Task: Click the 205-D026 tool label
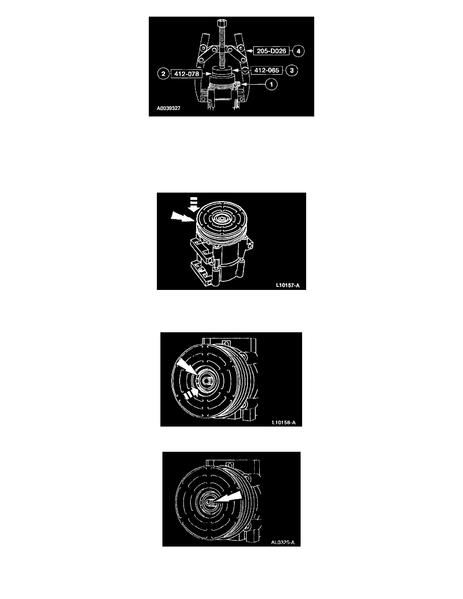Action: [271, 51]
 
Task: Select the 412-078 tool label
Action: [187, 74]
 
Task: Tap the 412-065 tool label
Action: [267, 70]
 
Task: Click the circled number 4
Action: [299, 51]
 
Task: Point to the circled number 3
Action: [292, 70]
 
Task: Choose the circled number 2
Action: [163, 74]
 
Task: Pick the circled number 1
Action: [271, 84]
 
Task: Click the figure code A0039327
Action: [168, 108]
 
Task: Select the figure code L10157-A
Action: [287, 285]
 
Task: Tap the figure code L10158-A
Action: [284, 423]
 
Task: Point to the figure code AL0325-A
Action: [282, 543]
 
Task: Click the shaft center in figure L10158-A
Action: [207, 381]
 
